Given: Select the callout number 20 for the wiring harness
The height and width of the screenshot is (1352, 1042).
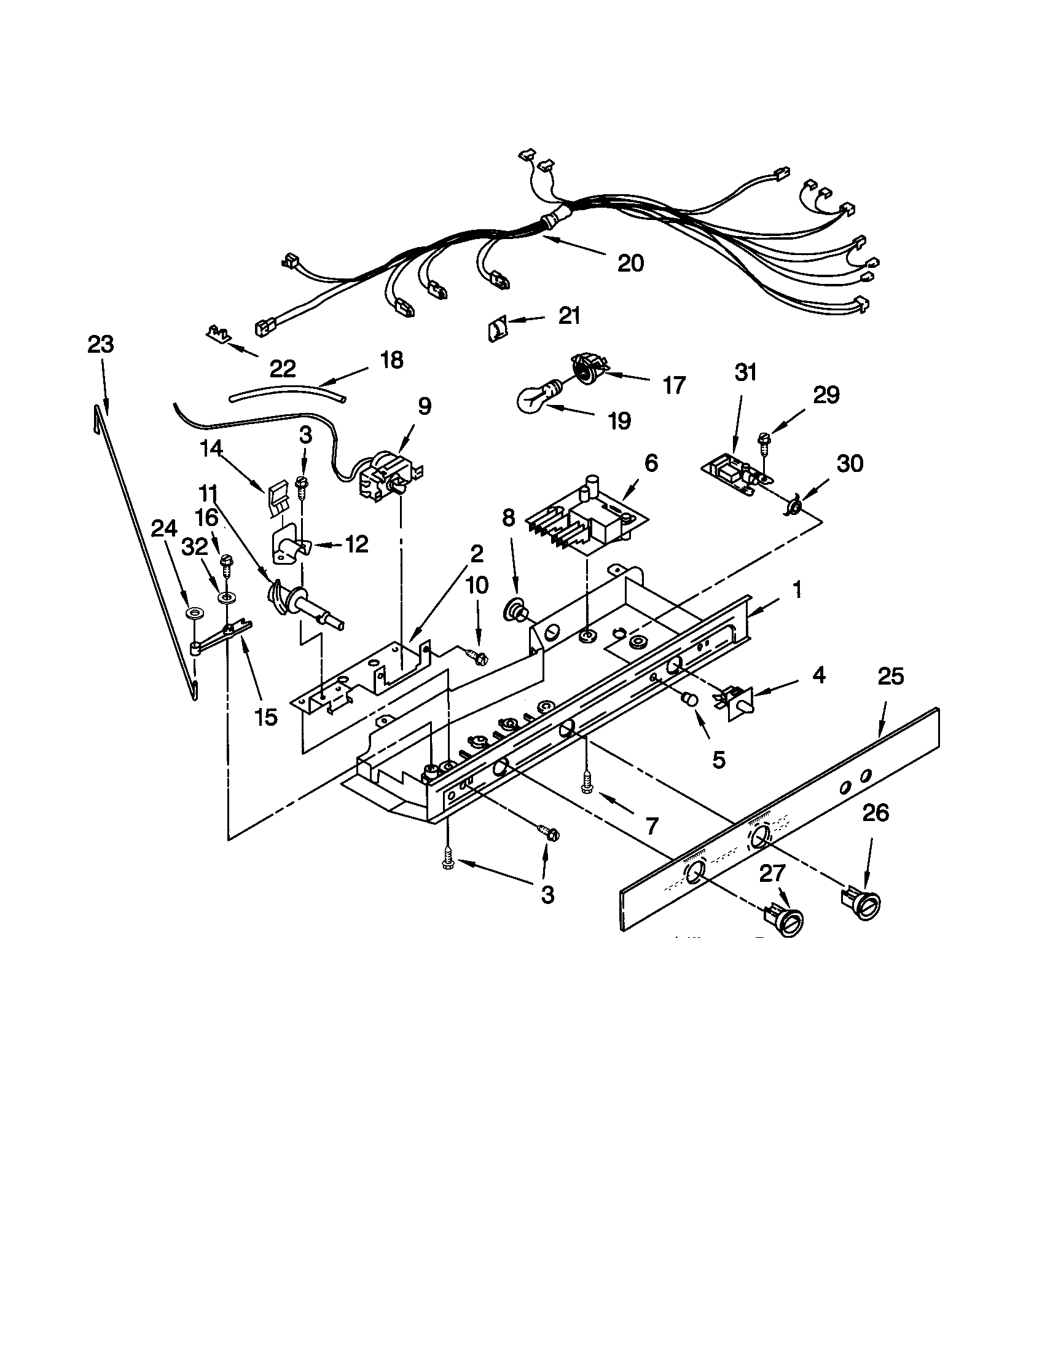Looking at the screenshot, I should [x=630, y=264].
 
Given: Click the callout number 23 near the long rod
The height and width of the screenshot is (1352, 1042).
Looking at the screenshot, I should [x=100, y=344].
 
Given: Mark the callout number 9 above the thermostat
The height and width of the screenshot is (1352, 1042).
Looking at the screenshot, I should [x=424, y=407].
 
